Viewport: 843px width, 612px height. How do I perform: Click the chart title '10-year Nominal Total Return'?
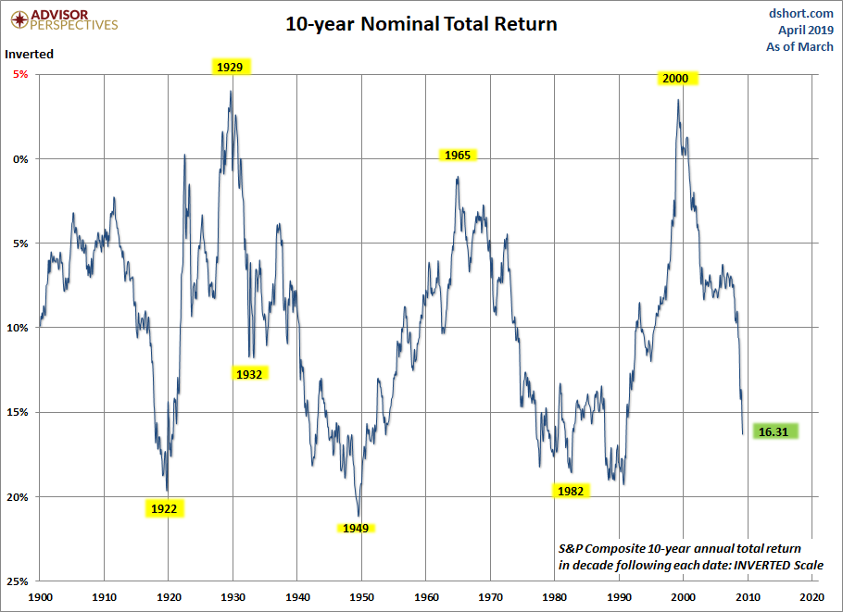pyautogui.click(x=421, y=24)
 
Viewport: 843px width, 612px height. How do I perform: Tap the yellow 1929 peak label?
pyautogui.click(x=230, y=67)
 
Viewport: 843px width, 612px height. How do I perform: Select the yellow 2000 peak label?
pyautogui.click(x=675, y=79)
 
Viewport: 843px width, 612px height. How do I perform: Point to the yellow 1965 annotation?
pyautogui.click(x=458, y=156)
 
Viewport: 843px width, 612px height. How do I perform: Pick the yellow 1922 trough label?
pyautogui.click(x=164, y=508)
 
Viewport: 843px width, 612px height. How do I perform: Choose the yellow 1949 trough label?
pyautogui.click(x=355, y=529)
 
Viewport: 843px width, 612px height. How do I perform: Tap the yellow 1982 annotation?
pyautogui.click(x=571, y=492)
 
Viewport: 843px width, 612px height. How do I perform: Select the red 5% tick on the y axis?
pyautogui.click(x=19, y=74)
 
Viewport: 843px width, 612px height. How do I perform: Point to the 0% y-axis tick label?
pyautogui.click(x=19, y=158)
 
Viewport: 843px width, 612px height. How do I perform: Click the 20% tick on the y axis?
pyautogui.click(x=16, y=497)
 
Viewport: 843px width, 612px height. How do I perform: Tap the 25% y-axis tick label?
pyautogui.click(x=16, y=581)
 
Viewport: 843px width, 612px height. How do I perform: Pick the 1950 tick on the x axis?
pyautogui.click(x=361, y=597)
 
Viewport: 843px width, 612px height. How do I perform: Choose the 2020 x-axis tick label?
pyautogui.click(x=812, y=597)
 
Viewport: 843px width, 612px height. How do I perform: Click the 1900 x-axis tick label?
pyautogui.click(x=41, y=597)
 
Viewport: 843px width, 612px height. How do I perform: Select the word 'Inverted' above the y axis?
pyautogui.click(x=30, y=54)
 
